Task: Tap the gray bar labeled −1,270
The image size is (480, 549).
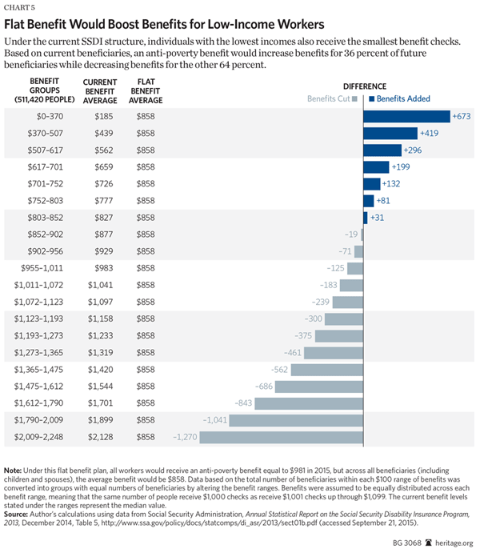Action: pyautogui.click(x=281, y=437)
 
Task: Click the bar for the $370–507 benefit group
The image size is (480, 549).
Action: pyautogui.click(x=390, y=133)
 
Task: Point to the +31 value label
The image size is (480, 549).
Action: pyautogui.click(x=378, y=218)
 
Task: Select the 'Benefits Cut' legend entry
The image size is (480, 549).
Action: pyautogui.click(x=330, y=99)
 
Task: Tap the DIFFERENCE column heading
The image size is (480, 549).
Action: pyautogui.click(x=365, y=86)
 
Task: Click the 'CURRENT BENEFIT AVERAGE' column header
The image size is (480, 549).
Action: pyautogui.click(x=100, y=90)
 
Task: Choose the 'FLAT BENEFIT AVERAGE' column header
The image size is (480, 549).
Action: pyautogui.click(x=146, y=90)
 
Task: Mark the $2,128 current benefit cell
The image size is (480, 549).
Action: pyautogui.click(x=97, y=437)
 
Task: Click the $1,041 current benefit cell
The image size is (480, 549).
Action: pyautogui.click(x=97, y=285)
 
